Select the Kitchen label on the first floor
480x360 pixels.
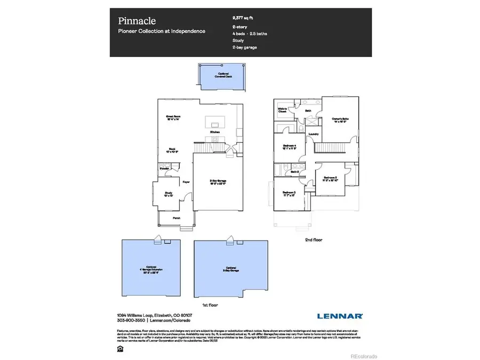coord(215,131)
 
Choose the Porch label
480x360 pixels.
coord(177,218)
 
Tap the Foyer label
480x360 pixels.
coord(187,182)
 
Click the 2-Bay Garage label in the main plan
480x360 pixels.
coord(218,182)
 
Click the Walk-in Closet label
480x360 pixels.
coord(283,111)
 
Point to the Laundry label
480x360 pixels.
coord(314,134)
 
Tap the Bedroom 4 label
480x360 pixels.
coord(290,147)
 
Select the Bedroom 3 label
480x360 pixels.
coord(290,194)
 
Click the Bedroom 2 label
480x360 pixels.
coord(330,179)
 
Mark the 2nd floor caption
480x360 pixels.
coord(313,240)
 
